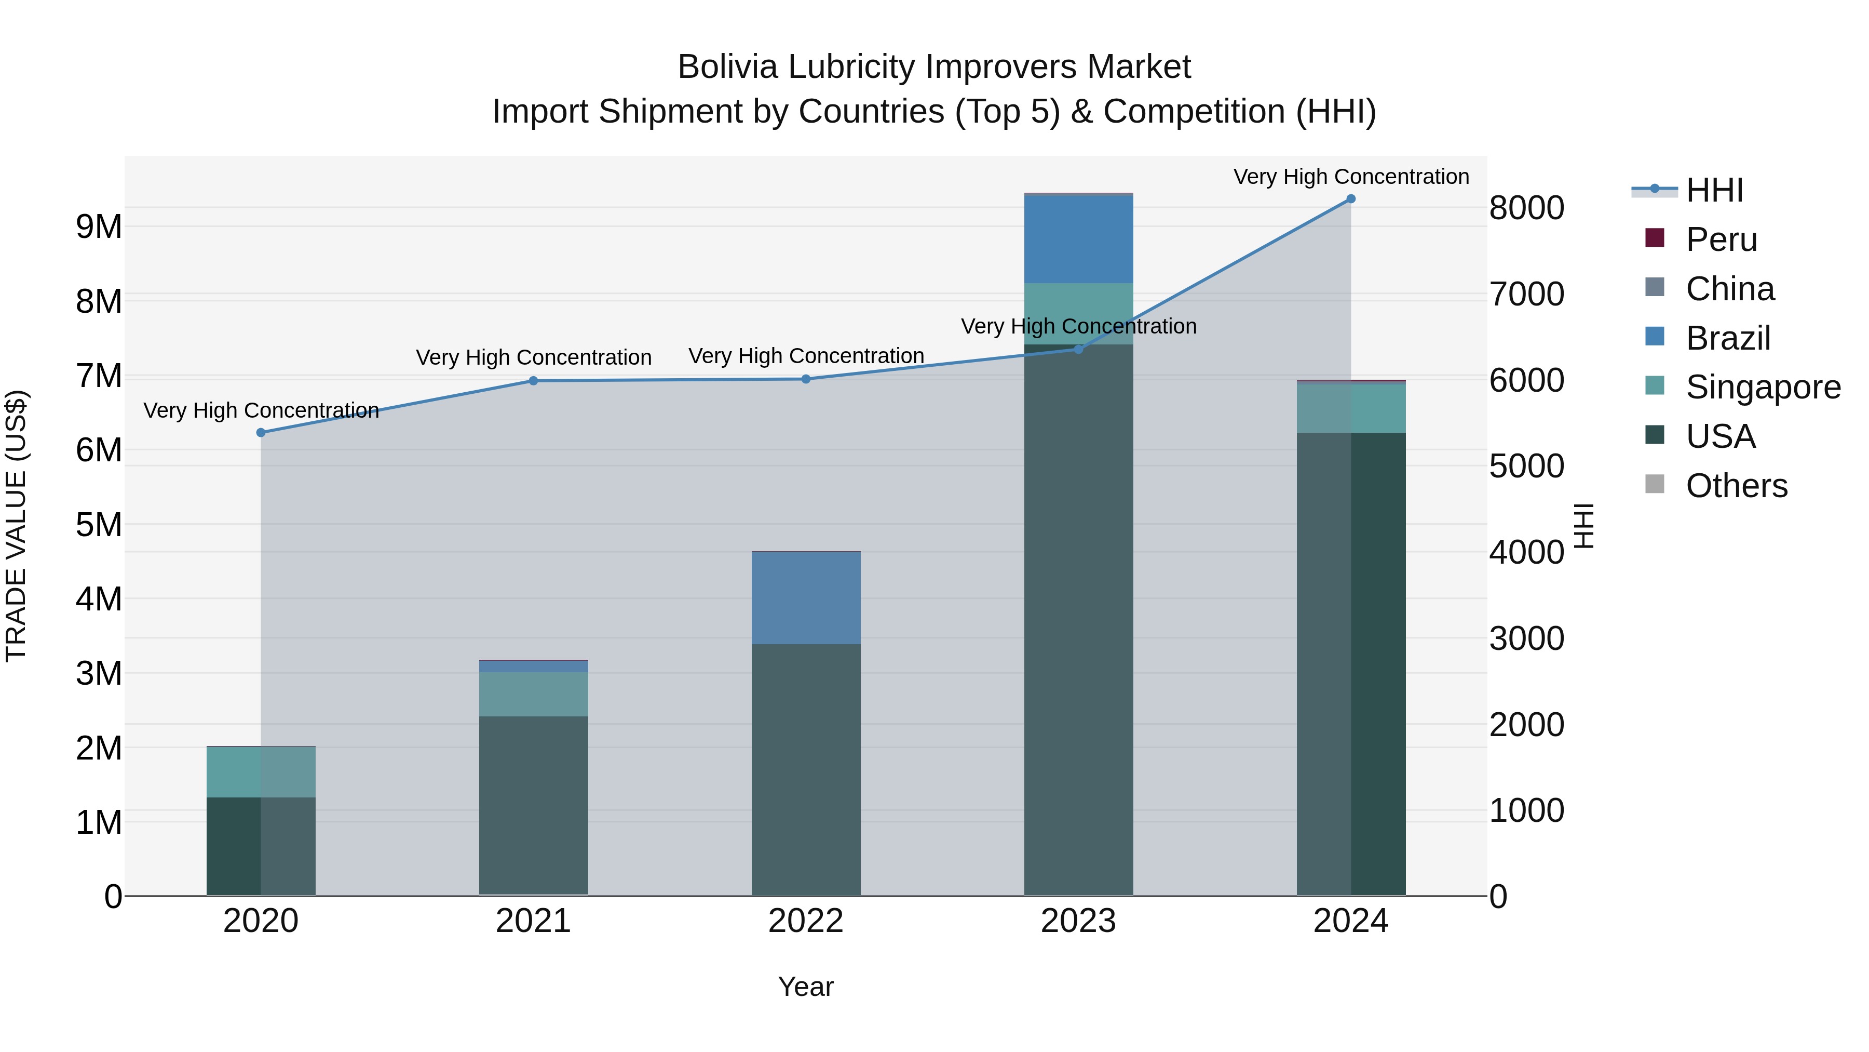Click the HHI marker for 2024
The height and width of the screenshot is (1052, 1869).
click(x=1350, y=199)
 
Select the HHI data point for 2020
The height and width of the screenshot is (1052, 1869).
click(x=261, y=433)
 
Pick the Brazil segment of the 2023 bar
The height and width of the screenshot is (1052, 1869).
click(x=1078, y=239)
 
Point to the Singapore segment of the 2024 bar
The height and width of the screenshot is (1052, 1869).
click(x=1350, y=408)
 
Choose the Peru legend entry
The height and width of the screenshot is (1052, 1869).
click(x=1721, y=239)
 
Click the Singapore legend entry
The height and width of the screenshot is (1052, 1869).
click(x=1763, y=387)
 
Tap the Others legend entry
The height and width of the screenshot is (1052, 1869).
click(x=1736, y=486)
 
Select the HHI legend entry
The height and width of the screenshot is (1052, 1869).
click(x=1714, y=190)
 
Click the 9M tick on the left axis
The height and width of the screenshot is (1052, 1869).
click(x=99, y=227)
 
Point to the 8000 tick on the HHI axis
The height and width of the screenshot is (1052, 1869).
click(x=1526, y=208)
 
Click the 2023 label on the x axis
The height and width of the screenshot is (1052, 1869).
click(x=1078, y=921)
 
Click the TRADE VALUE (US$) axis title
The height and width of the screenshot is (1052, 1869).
click(x=16, y=526)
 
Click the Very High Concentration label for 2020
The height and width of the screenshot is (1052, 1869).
click(x=261, y=411)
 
